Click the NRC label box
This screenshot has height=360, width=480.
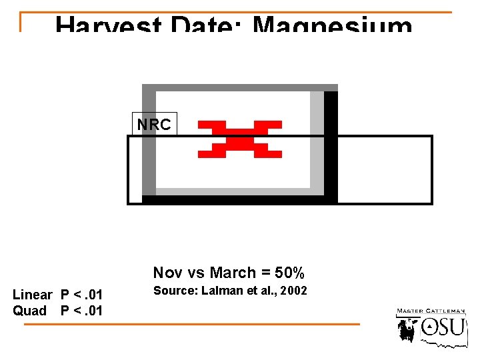(x=154, y=125)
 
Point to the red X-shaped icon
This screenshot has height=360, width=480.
(x=240, y=139)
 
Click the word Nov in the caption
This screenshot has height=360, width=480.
(x=167, y=273)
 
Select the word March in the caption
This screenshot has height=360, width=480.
(x=233, y=273)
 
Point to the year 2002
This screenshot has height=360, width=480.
(x=295, y=291)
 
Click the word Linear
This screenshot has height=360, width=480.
(x=32, y=295)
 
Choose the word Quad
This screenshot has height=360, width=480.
(x=29, y=311)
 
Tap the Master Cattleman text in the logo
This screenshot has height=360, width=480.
(x=431, y=311)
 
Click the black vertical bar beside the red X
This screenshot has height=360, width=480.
(x=331, y=147)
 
